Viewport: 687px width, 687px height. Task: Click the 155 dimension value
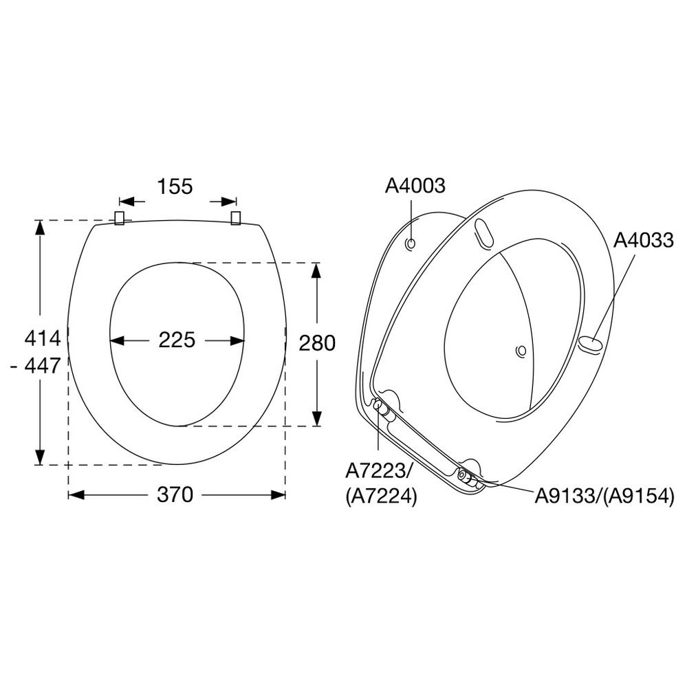(x=175, y=186)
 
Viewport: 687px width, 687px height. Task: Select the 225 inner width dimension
(x=177, y=340)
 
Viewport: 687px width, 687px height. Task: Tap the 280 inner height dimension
(x=317, y=343)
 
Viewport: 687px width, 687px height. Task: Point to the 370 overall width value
(x=175, y=494)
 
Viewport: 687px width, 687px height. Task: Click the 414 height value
(x=43, y=338)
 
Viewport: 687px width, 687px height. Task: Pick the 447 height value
(x=42, y=365)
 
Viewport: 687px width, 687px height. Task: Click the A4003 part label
(x=415, y=186)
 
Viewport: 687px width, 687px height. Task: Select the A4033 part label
(x=643, y=240)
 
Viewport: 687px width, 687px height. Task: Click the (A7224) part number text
(x=381, y=497)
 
